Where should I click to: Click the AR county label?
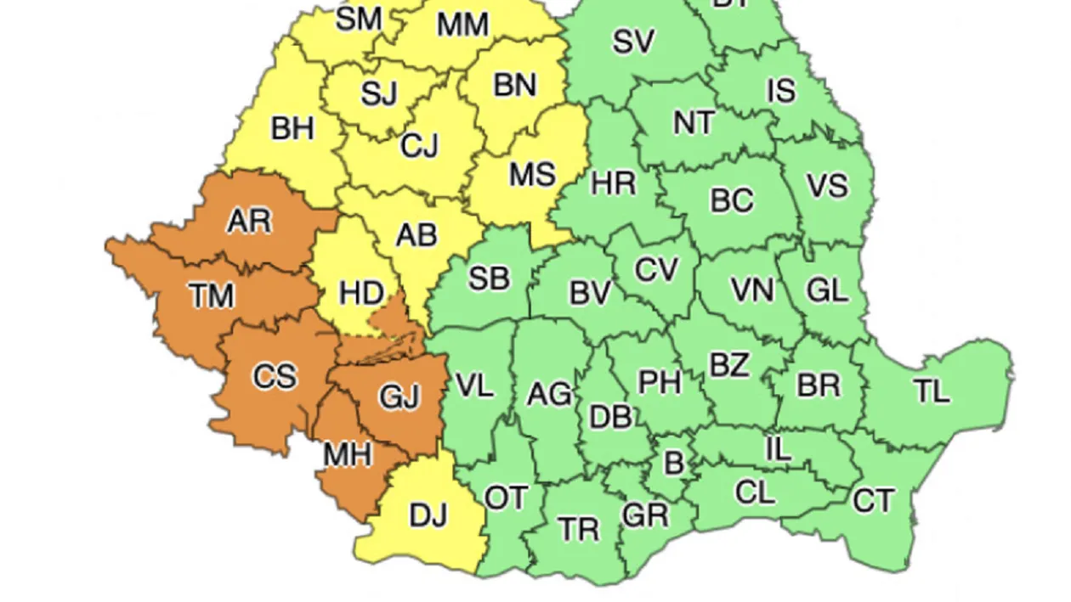[249, 221]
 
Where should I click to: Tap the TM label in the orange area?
[211, 296]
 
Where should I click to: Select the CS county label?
[275, 375]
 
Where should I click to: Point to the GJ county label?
[399, 397]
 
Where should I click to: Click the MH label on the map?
[347, 455]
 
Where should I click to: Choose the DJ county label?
[428, 515]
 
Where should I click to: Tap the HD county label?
[361, 294]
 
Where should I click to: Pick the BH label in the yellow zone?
[292, 129]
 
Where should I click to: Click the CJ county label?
[419, 146]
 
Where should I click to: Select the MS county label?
[532, 175]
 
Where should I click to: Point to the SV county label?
[633, 42]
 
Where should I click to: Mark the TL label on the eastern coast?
[932, 391]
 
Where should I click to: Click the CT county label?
[873, 501]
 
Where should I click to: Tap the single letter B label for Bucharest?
[673, 463]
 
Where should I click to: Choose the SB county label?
[490, 278]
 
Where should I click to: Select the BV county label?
[590, 294]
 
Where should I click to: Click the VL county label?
[474, 385]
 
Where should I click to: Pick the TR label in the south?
[579, 530]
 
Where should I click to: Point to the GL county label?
[826, 290]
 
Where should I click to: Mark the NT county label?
[694, 123]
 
